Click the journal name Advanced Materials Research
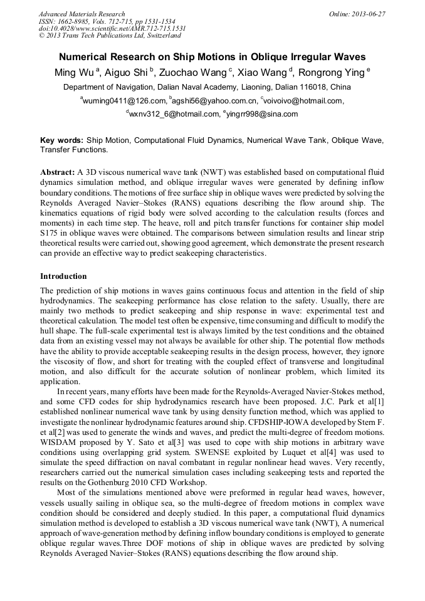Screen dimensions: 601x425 click(x=81, y=14)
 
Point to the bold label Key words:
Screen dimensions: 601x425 click(x=61, y=141)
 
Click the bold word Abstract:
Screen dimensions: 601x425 click(x=58, y=172)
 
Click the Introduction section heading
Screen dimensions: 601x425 click(x=63, y=276)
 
